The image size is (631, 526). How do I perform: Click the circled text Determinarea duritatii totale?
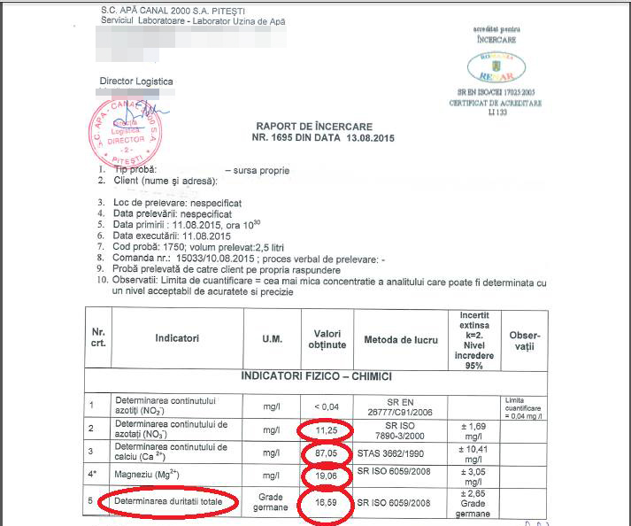coord(168,503)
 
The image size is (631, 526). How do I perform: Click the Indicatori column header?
coord(177,338)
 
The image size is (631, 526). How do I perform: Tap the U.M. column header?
coord(272,338)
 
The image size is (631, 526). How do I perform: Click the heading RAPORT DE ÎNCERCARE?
coord(314,127)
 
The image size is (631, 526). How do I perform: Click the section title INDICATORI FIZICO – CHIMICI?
coord(317,376)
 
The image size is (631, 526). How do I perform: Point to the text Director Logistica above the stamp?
coord(136,82)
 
